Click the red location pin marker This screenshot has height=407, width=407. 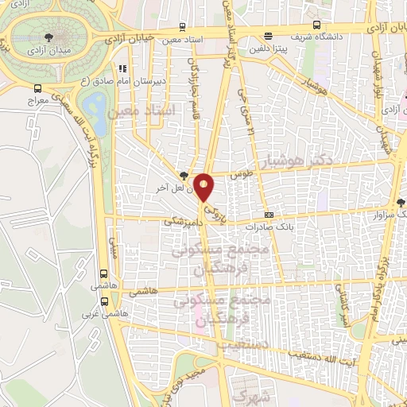point(205,188)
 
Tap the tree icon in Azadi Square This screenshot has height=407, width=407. point(51,37)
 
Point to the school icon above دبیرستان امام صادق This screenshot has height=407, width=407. point(121,69)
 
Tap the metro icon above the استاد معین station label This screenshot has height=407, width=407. point(182,27)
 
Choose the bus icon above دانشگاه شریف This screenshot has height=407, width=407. point(268,35)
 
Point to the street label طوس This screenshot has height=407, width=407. point(240,172)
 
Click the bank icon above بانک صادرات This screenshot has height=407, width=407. point(269,215)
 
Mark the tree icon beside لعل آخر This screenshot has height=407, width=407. point(184,176)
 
